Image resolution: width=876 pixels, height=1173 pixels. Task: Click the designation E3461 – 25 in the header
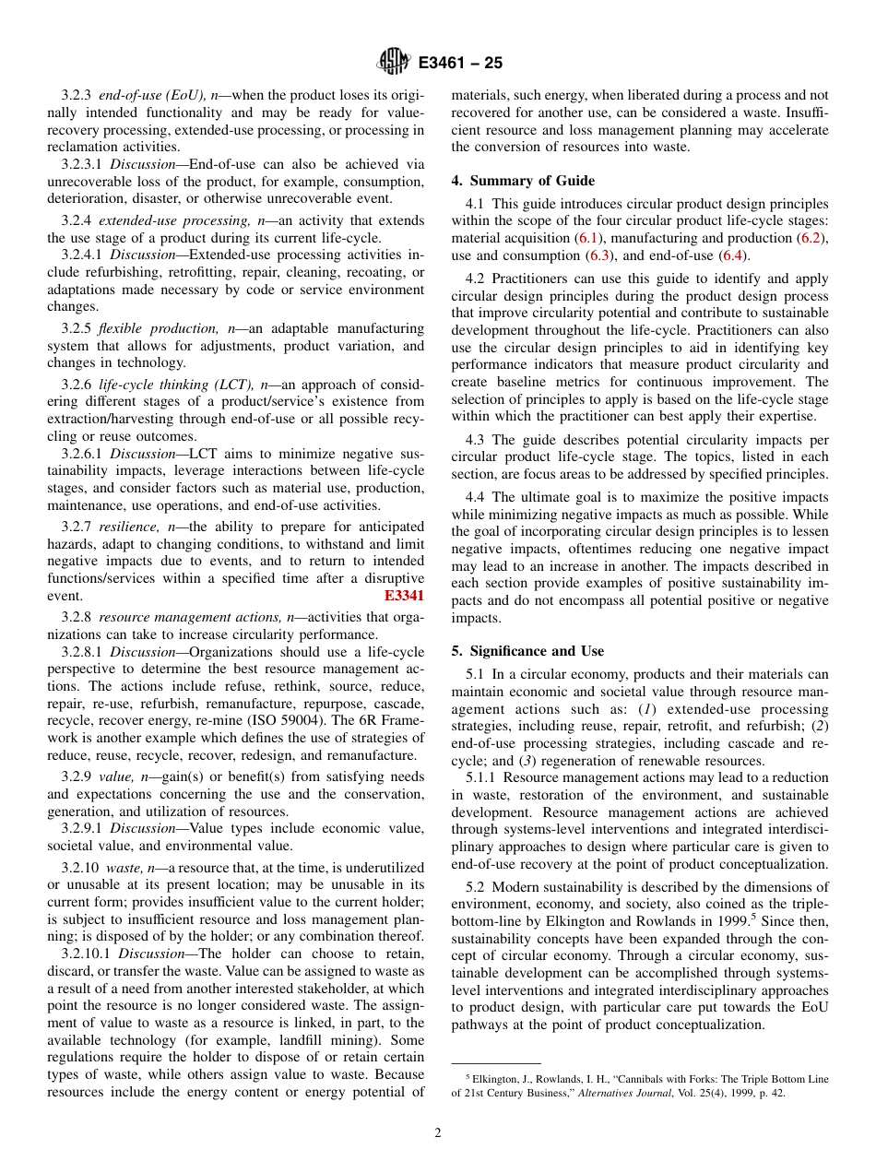pos(460,64)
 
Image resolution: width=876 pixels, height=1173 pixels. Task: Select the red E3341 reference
pos(404,596)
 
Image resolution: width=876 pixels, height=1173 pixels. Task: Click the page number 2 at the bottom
pos(438,1133)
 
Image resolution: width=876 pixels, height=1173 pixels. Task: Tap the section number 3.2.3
pos(78,95)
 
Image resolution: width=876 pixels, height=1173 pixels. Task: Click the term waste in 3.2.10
pos(124,868)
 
